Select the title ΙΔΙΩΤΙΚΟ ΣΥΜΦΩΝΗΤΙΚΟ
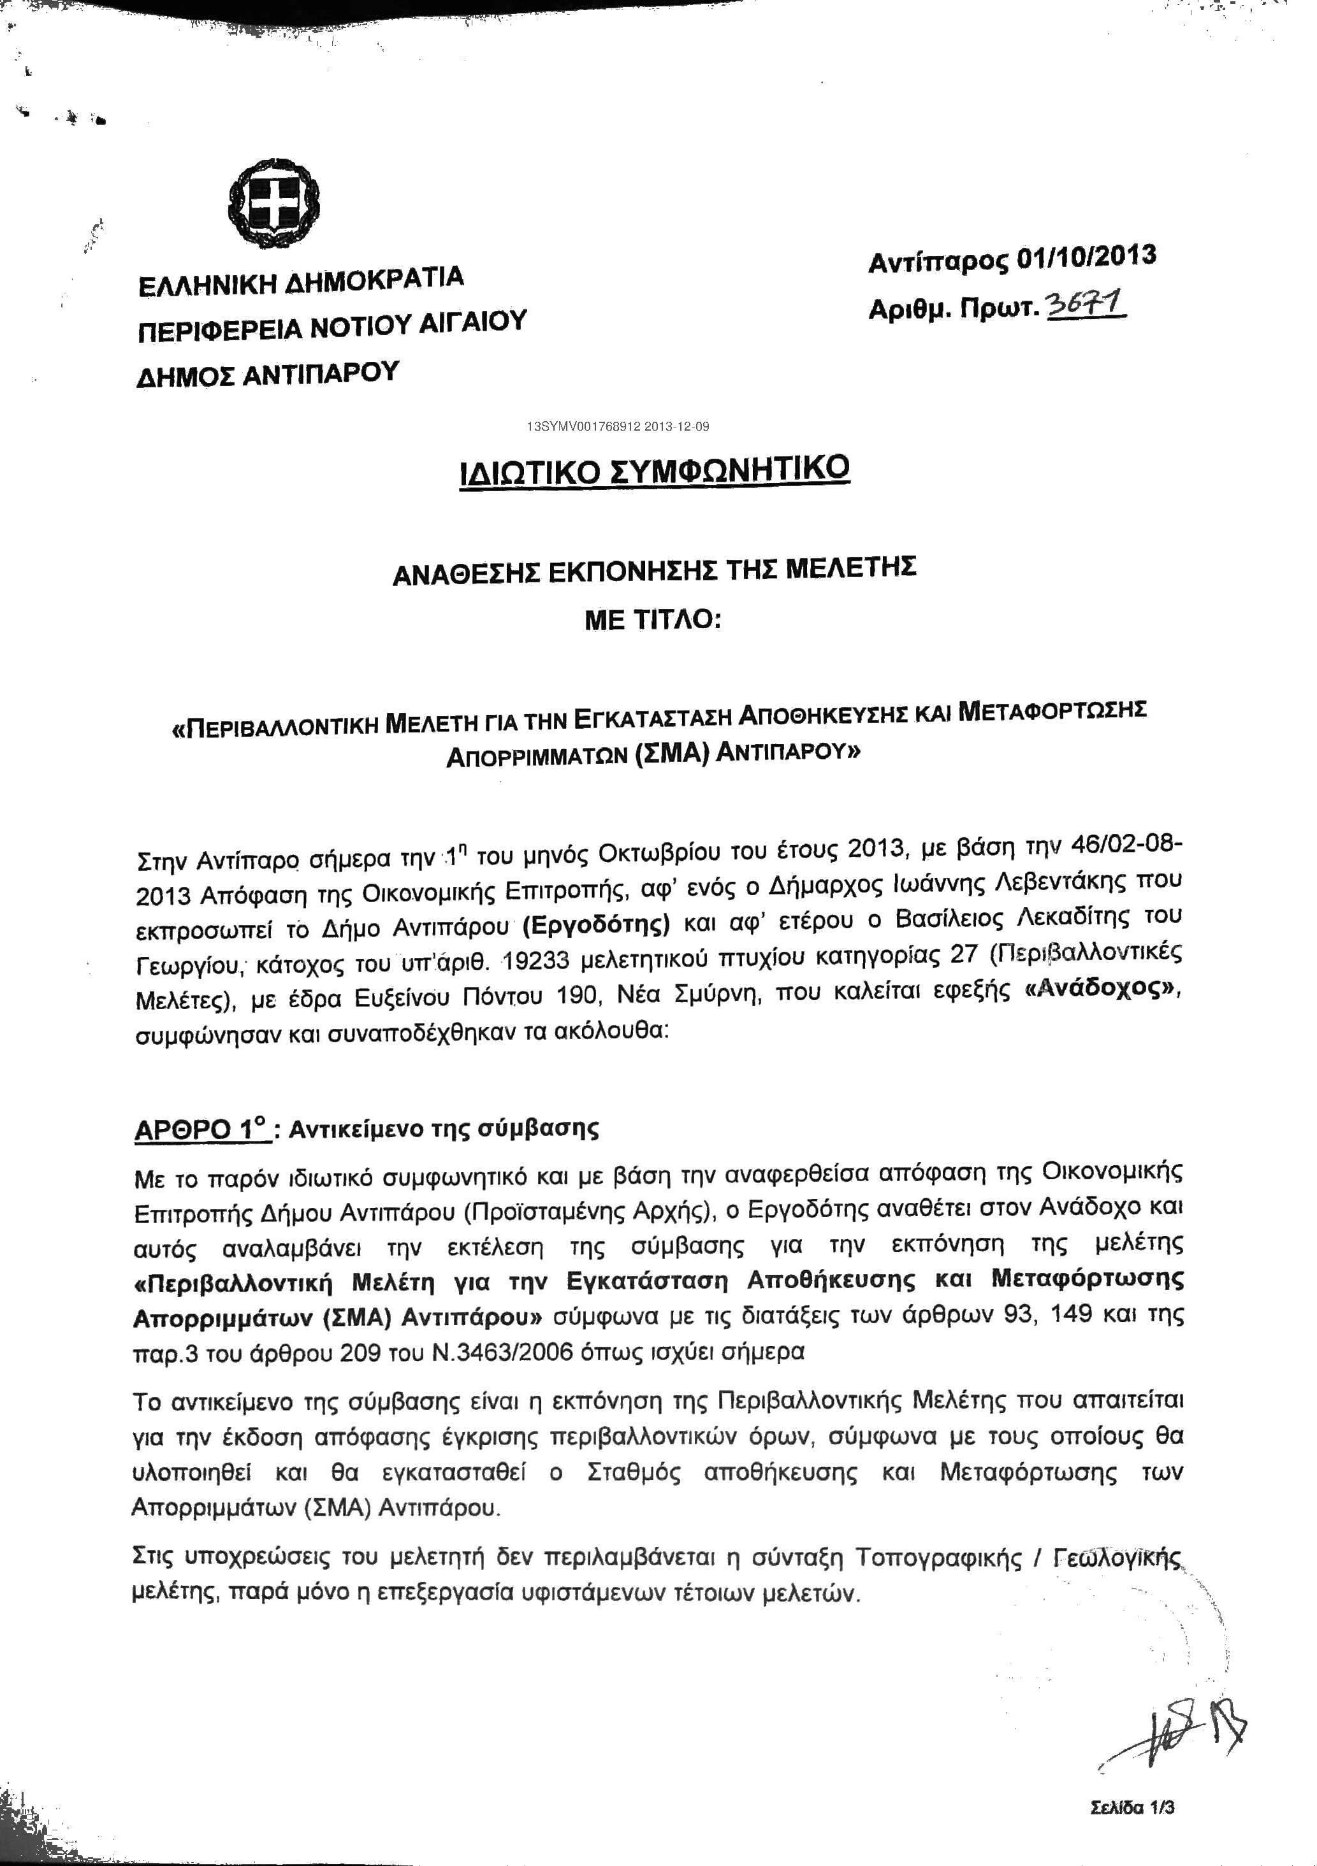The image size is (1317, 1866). pos(655,471)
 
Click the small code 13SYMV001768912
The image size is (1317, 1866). pos(585,426)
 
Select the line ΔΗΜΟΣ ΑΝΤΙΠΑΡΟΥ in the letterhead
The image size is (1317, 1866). pos(268,375)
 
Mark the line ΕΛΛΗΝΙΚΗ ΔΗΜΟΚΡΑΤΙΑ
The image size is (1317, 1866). pos(301,281)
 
